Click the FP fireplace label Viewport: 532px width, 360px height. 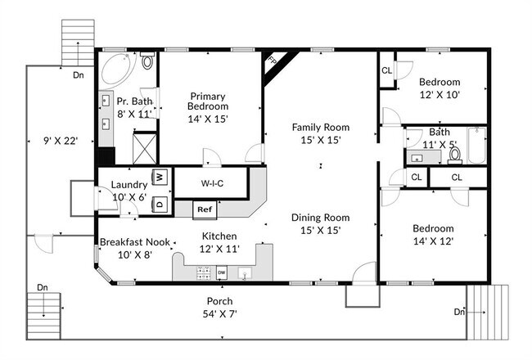point(272,61)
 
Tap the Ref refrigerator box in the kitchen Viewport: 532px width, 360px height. point(205,210)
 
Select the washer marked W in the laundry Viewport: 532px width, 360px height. point(160,177)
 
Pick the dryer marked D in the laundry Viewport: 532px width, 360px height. point(160,205)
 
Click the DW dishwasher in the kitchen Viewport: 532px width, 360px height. point(221,272)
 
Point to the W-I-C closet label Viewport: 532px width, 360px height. point(213,183)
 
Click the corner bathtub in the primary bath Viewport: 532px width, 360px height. point(117,70)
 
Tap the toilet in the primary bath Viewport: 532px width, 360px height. point(147,61)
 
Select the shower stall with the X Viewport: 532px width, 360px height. point(145,149)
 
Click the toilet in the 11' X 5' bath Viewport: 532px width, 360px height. point(454,155)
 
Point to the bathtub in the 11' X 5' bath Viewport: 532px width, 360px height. point(476,145)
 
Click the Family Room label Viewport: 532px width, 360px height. point(321,128)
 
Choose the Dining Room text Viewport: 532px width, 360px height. point(321,218)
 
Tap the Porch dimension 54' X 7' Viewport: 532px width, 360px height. point(220,314)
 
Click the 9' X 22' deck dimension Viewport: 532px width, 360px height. point(61,141)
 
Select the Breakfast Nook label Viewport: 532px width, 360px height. point(135,242)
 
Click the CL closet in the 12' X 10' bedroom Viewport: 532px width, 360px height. point(387,70)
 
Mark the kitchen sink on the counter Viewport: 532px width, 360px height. point(244,273)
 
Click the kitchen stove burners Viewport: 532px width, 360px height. point(203,273)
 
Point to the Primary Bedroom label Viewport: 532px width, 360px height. point(208,101)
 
